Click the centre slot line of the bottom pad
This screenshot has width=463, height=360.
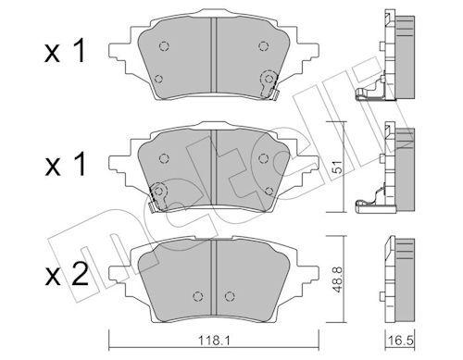[x=215, y=274]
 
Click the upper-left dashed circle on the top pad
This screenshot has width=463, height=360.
[x=163, y=47]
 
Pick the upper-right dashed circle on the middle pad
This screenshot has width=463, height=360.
[x=265, y=156]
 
